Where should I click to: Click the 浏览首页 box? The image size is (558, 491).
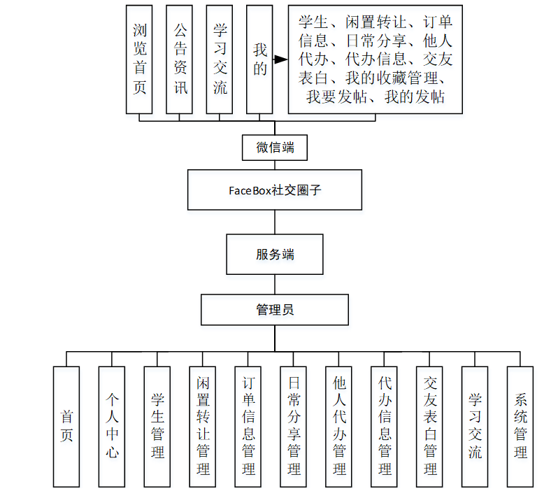coord(139,59)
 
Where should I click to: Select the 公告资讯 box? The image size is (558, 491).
coord(180,59)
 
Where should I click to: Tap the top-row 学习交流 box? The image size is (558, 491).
coord(220,59)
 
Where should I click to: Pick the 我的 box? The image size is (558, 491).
coord(259,59)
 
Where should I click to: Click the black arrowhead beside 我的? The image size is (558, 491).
coord(280,60)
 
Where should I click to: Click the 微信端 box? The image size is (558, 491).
coord(275,148)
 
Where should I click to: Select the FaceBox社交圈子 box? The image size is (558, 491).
coord(275,190)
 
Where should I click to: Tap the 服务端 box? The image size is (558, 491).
coord(275,255)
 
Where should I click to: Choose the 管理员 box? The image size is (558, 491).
coord(275,309)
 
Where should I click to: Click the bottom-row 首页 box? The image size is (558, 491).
coord(67,426)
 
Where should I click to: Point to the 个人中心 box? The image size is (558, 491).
coord(113,426)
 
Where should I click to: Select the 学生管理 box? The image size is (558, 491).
coord(157,426)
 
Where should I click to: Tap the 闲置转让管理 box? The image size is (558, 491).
coord(203,426)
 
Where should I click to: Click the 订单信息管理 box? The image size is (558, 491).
coord(248,426)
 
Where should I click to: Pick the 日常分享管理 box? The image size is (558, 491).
coord(294,426)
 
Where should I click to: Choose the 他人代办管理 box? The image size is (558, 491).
coord(339,426)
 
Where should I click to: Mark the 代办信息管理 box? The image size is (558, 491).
coord(385,426)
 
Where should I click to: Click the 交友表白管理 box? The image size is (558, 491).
coord(430,426)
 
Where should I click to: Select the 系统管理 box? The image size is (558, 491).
coord(521,426)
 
